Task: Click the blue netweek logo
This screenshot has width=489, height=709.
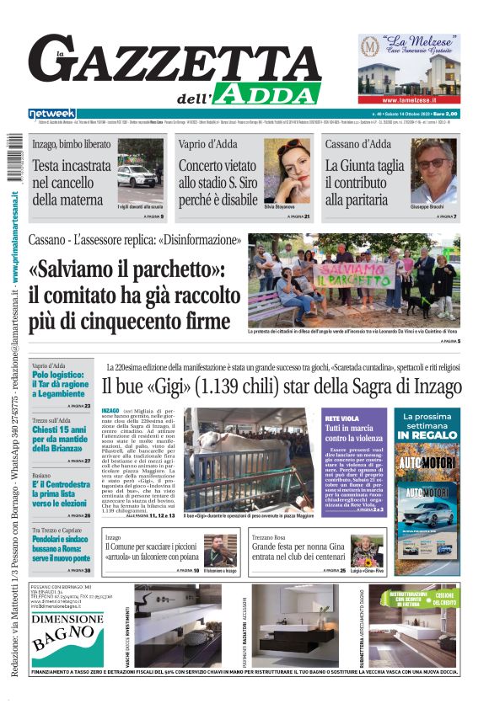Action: point(51,114)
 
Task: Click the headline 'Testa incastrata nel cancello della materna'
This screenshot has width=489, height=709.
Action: point(71,183)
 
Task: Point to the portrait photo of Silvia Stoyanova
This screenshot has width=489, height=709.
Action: point(287,176)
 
